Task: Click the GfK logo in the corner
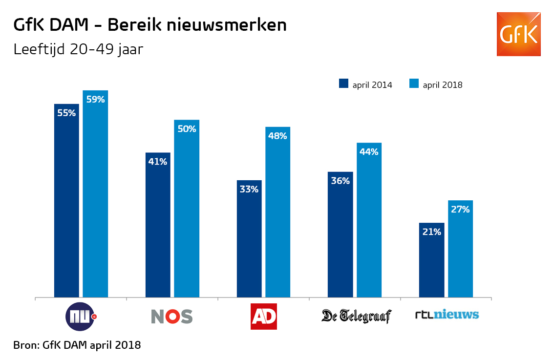(519, 34)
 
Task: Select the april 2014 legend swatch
(343, 84)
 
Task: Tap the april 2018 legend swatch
(414, 84)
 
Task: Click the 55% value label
(66, 113)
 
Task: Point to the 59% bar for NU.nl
(95, 194)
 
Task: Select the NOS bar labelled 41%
(158, 225)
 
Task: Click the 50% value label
(187, 129)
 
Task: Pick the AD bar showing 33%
(249, 239)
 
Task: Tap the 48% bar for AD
(277, 212)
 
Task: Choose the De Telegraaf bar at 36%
(340, 234)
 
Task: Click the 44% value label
(369, 152)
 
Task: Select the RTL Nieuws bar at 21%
(432, 260)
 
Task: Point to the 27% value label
(460, 210)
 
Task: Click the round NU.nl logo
(81, 317)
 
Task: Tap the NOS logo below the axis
(171, 317)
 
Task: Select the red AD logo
(264, 317)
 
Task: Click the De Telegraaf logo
(357, 316)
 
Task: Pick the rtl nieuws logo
(447, 315)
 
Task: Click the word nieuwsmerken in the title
(227, 25)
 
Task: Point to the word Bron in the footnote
(25, 345)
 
